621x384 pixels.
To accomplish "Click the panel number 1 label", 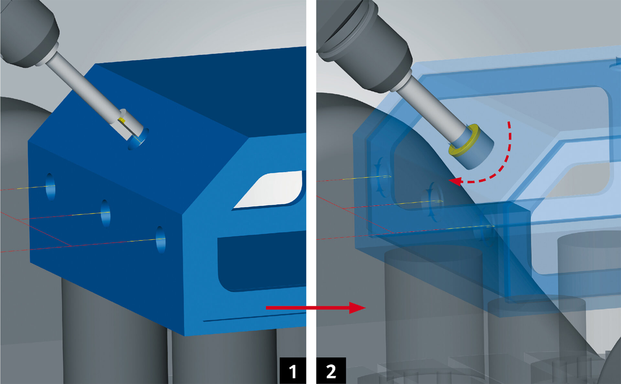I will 293,371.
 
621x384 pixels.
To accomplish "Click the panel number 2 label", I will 331,371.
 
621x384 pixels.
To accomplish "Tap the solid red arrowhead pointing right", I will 357,308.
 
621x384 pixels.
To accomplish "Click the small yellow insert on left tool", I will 123,120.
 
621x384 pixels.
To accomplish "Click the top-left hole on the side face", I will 50,187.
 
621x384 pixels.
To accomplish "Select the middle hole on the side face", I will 105,213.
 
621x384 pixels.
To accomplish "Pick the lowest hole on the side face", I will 160,240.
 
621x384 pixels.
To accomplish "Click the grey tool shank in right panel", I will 427,110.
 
